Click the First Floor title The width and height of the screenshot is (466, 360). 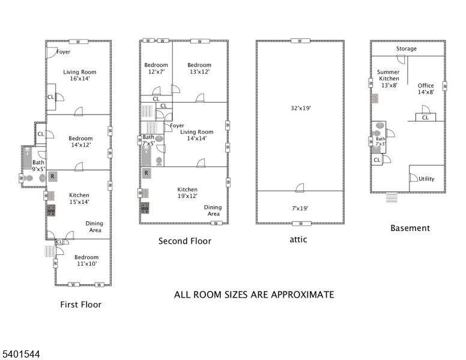[x=80, y=304]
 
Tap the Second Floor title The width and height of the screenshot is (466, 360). [x=184, y=241]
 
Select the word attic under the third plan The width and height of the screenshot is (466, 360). [x=298, y=239]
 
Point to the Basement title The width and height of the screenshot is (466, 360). [x=410, y=228]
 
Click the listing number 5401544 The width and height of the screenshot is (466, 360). [x=20, y=355]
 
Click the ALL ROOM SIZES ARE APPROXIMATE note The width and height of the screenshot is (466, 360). [x=253, y=295]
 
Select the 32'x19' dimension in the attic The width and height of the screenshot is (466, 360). [x=300, y=109]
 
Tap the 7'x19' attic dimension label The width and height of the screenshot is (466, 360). [x=300, y=208]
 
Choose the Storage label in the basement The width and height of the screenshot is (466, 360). [x=407, y=49]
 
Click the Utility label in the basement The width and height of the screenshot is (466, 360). [x=426, y=179]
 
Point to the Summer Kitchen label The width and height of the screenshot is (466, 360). [x=388, y=78]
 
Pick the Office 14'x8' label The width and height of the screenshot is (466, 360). [x=426, y=88]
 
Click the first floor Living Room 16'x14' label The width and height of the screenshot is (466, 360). [x=80, y=75]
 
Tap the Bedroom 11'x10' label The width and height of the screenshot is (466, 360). [x=86, y=260]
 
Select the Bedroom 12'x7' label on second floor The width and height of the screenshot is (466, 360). [x=156, y=68]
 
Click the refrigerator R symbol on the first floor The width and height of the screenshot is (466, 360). [x=53, y=176]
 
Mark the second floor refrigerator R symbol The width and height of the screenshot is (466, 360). [x=146, y=173]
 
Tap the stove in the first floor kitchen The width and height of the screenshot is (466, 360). [x=51, y=210]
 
